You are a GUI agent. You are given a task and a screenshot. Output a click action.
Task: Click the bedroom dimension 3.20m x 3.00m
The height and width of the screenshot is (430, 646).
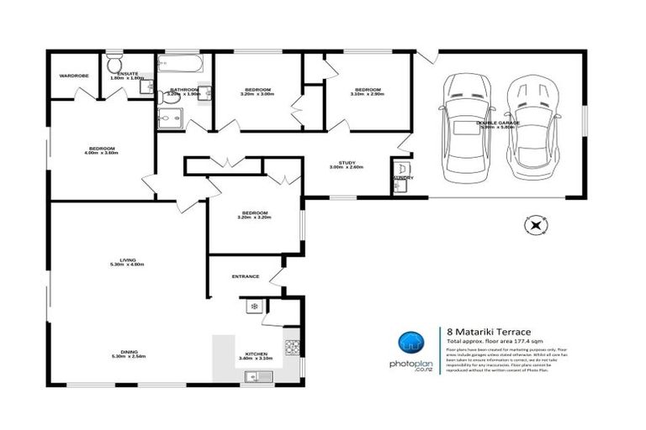tap(257, 93)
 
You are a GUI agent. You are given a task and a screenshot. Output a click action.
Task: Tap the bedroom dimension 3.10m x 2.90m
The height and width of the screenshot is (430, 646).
tap(367, 93)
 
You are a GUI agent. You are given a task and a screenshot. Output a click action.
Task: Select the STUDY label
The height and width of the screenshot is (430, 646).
tap(346, 163)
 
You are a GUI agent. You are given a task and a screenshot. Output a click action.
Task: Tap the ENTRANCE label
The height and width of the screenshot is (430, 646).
tap(246, 276)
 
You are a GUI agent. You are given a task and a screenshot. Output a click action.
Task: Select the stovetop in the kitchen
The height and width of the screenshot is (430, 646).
tap(293, 346)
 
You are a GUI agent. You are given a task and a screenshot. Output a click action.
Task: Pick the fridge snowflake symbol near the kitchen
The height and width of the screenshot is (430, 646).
tap(252, 308)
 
